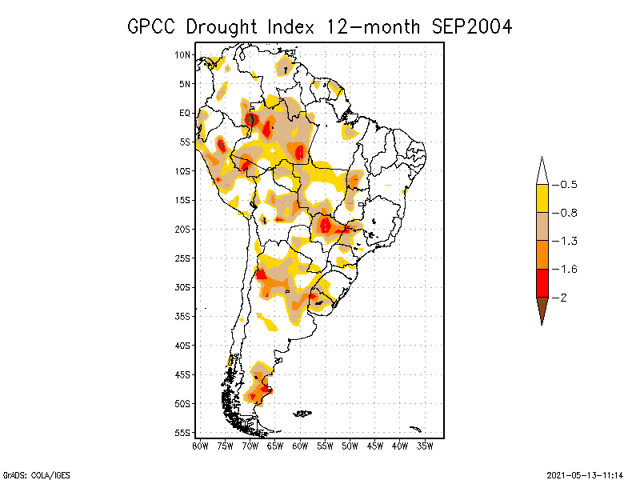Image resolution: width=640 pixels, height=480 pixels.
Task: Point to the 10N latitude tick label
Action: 182,55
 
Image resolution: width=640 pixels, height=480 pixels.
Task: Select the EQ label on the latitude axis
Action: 184,114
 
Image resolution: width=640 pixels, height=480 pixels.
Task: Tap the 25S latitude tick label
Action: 182,258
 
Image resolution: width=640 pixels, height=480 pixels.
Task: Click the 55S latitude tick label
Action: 182,433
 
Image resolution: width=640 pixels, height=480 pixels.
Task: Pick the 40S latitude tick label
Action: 182,346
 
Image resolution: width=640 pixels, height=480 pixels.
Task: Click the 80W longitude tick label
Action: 200,446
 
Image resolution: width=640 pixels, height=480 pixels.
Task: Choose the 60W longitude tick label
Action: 300,446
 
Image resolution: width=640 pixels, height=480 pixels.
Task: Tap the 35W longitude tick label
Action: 426,446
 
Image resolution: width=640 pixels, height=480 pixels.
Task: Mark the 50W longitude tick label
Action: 350,446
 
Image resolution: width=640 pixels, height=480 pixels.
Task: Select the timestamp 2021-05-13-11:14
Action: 585,474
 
